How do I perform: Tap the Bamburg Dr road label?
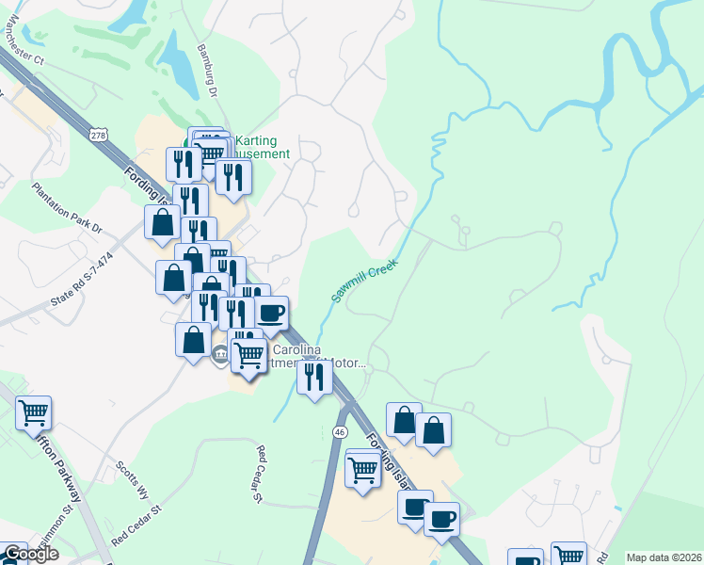pos(209,70)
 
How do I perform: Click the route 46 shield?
pos(341,431)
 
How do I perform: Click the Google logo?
pos(30,554)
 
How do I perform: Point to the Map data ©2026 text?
pos(664,557)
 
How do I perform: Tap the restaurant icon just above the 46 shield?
pos(314,377)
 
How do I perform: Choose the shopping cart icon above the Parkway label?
pos(33,412)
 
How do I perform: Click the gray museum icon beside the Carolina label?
pos(220,355)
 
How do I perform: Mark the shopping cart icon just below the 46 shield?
pos(362,469)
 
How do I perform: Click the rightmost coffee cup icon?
pos(441,518)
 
